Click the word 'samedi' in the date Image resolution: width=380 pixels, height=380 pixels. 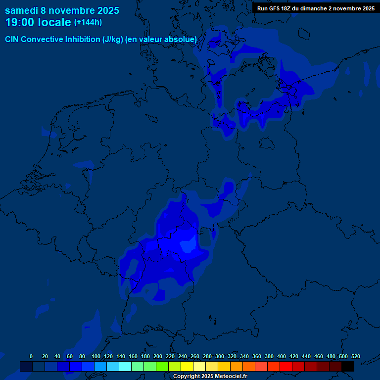pyautogui.click(x=21, y=10)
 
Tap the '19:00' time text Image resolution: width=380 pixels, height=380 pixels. pyautogui.click(x=20, y=22)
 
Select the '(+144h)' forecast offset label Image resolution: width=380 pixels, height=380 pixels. pyautogui.click(x=88, y=22)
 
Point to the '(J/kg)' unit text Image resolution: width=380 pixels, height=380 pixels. pyautogui.click(x=113, y=39)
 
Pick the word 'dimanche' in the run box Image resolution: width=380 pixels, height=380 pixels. pyautogui.click(x=315, y=8)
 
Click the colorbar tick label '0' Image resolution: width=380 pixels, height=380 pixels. pyautogui.click(x=31, y=356)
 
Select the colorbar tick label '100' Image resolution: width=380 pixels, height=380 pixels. pyautogui.click(x=96, y=356)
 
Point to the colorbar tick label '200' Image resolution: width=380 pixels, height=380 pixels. pyautogui.click(x=158, y=356)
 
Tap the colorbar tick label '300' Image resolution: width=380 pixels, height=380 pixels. pyautogui.click(x=220, y=356)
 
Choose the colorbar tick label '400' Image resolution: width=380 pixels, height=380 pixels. pyautogui.click(x=282, y=356)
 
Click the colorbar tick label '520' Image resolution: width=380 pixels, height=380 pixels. pyautogui.click(x=355, y=356)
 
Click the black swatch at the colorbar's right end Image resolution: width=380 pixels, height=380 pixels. pyautogui.click(x=348, y=366)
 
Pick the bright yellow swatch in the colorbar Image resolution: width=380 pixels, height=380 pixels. pyautogui.click(x=187, y=366)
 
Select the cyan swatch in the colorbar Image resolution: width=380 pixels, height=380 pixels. pyautogui.click(x=125, y=366)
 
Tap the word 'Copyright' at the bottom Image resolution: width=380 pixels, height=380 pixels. pyautogui.click(x=186, y=377)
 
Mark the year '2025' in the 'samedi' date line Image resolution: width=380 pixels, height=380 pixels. pyautogui.click(x=105, y=10)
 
